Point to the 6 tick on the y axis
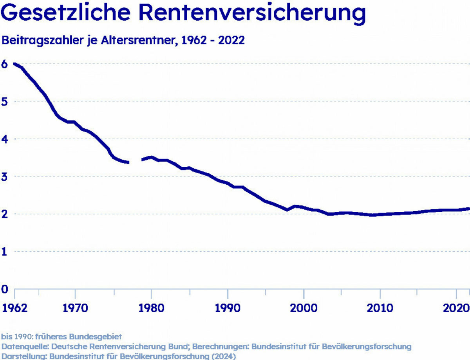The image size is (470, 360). coord(4,64)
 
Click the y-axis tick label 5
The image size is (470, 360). coord(4,101)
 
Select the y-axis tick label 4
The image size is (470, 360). coord(4,139)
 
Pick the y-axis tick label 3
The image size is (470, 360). coord(4,176)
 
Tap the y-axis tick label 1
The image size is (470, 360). coord(4,252)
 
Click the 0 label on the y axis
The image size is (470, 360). coord(4,289)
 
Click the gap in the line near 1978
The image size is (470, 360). coord(136,161)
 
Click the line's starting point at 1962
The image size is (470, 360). coord(14,64)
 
